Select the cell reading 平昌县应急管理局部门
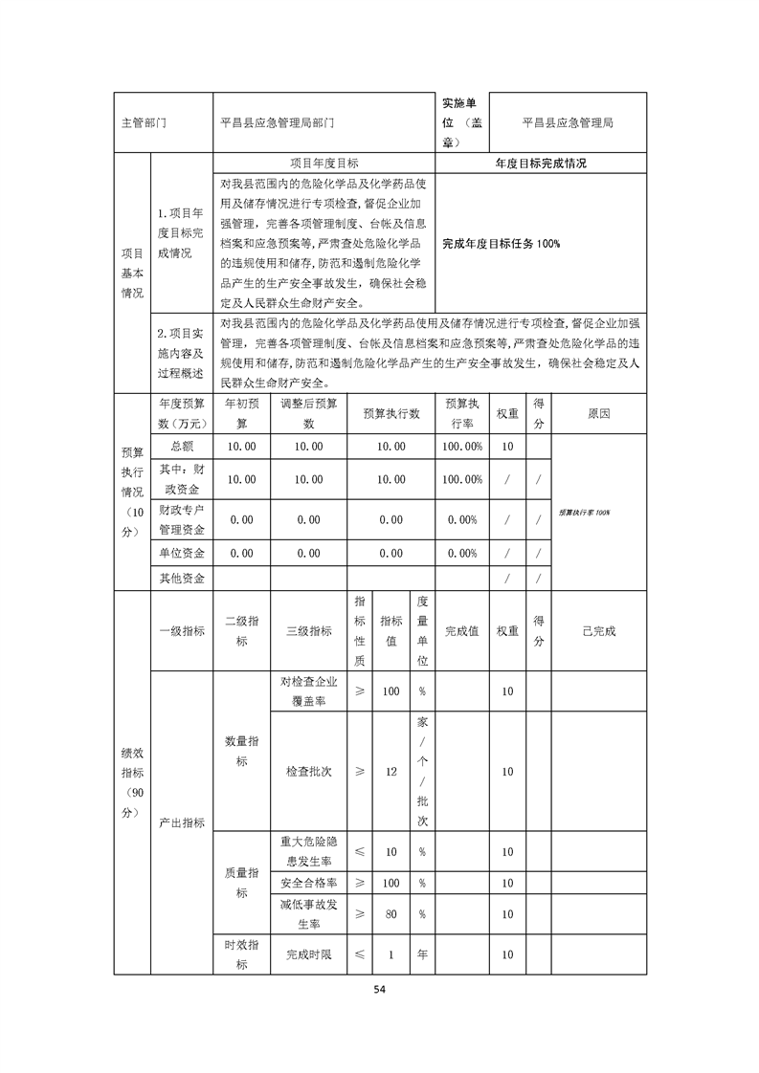point(278,123)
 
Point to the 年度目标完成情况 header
point(541,164)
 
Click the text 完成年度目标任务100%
point(502,244)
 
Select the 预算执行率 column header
point(462,412)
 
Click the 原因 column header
point(598,412)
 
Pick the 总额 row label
point(182,446)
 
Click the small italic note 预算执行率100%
point(585,514)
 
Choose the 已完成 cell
point(598,631)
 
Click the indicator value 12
point(391,771)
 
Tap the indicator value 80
point(391,913)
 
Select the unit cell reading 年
point(422,953)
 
